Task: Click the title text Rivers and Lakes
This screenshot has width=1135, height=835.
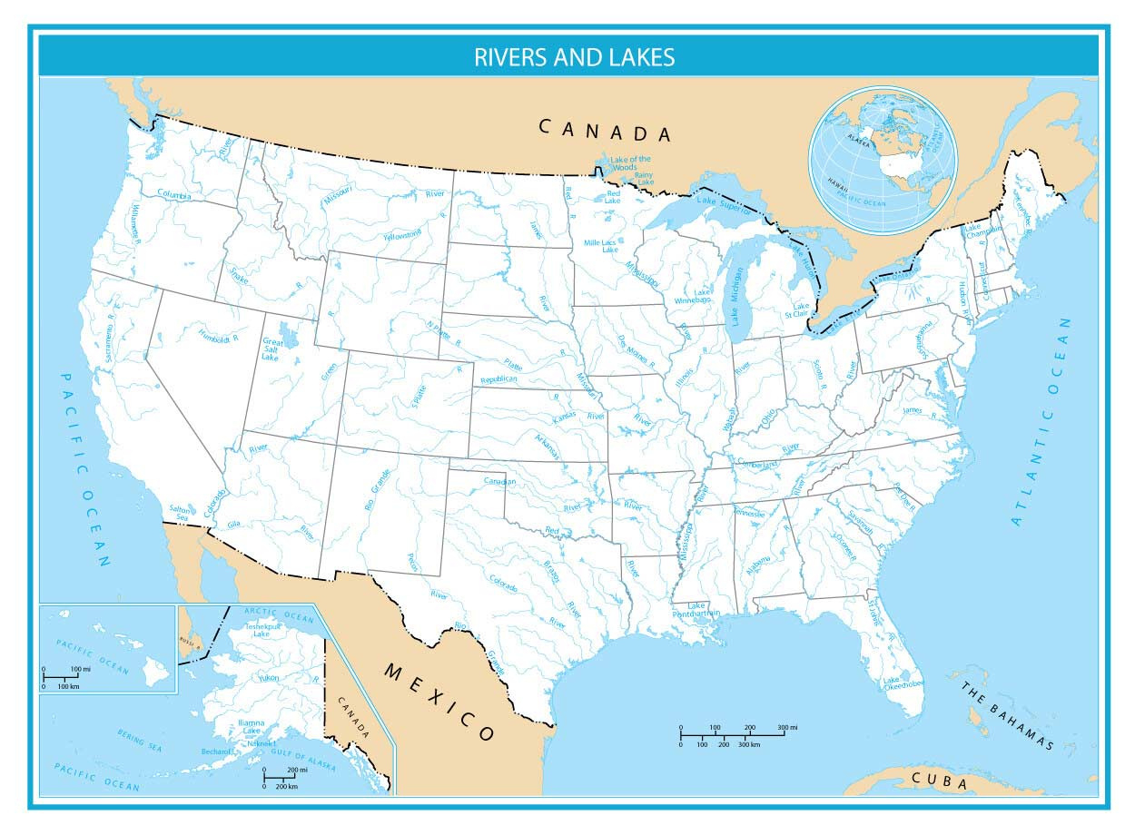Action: (x=574, y=57)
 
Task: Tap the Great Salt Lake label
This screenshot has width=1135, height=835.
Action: (x=272, y=349)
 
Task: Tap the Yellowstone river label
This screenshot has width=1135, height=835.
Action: (x=402, y=235)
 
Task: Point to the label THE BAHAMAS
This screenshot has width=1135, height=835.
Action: (x=1008, y=716)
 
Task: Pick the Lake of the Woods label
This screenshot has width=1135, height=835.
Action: (x=630, y=163)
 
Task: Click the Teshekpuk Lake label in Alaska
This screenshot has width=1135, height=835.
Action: (x=262, y=630)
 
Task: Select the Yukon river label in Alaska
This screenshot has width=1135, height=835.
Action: (x=270, y=678)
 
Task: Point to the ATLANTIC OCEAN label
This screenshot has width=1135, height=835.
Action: (x=1043, y=422)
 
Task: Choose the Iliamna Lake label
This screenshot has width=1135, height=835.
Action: (x=250, y=726)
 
